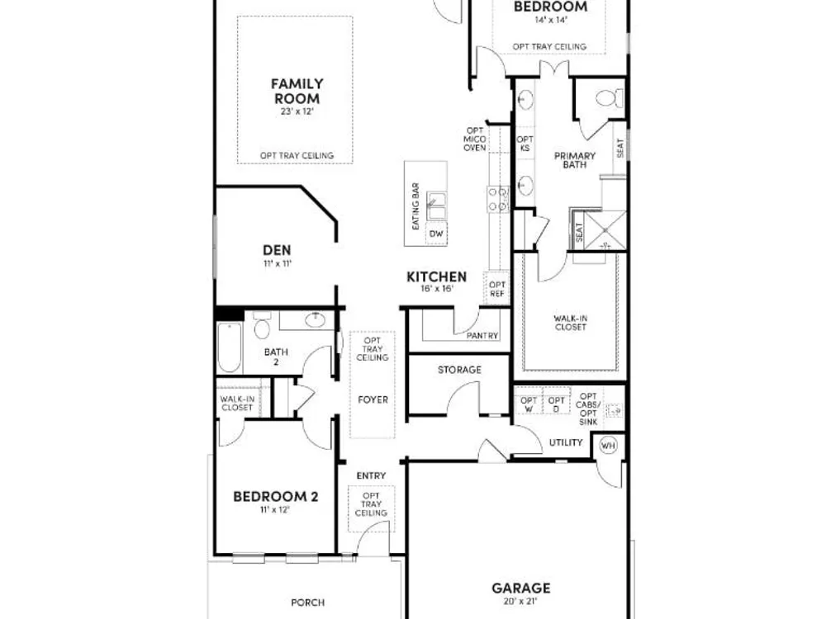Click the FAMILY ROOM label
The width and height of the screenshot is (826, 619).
point(297,91)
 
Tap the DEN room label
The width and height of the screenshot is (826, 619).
point(277,250)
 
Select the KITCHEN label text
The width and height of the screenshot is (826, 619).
point(437,276)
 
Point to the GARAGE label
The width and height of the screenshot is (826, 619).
point(521,588)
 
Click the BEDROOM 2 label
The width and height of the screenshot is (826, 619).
point(276,496)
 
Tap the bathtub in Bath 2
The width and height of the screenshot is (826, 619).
point(229,347)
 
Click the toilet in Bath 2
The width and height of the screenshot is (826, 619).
point(262,326)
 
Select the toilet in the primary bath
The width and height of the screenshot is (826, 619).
point(610,98)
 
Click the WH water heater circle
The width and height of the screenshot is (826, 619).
point(608,446)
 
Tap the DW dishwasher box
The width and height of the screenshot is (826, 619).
point(436,234)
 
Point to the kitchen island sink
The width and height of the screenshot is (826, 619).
point(436,206)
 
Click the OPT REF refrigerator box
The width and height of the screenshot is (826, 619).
point(496,290)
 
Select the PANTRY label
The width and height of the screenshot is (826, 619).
point(482,335)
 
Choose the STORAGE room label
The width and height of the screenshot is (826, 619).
point(459,370)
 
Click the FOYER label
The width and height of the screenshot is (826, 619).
point(373,400)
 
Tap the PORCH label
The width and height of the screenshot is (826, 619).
point(307,602)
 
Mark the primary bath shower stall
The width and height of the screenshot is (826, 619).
point(605,230)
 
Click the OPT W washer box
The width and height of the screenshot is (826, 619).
point(529,404)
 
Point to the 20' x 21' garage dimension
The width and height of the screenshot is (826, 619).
point(520,602)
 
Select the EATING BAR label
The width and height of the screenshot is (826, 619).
point(415,206)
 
